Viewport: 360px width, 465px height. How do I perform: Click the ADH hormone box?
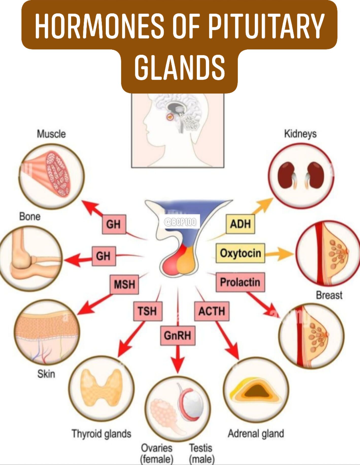pos(240,224)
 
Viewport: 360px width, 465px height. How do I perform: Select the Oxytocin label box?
pos(240,253)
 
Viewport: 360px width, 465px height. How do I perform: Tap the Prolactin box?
pos(240,282)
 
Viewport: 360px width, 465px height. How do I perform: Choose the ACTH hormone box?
pos(212,311)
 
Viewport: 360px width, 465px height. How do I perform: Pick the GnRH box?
pos(178,336)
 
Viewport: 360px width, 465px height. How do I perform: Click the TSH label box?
pos(148,311)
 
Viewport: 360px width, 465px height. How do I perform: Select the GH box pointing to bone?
pos(104,256)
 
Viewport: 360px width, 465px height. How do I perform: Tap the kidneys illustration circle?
pos(301,176)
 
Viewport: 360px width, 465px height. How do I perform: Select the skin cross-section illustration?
pos(47,332)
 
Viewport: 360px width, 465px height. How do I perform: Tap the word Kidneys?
pos(300,134)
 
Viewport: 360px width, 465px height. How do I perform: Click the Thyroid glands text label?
pos(101,434)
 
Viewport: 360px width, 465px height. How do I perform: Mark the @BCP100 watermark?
pos(180,222)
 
